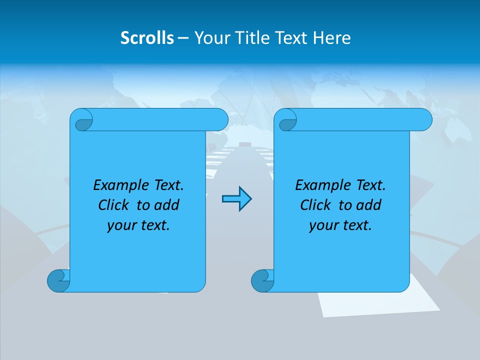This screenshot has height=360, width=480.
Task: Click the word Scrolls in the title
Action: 147,38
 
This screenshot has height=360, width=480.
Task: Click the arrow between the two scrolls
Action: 236,199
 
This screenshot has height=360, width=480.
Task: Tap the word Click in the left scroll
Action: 113,205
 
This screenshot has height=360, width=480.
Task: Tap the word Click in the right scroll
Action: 315,205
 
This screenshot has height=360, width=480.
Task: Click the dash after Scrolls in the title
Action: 183,38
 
